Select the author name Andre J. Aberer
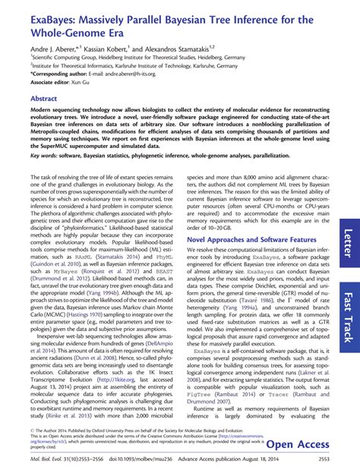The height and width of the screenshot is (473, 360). click(x=32, y=47)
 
